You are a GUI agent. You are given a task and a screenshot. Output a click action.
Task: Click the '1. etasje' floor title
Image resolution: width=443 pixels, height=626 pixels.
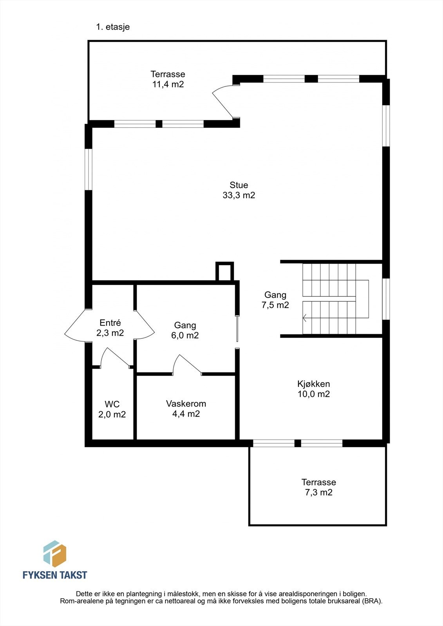(113, 27)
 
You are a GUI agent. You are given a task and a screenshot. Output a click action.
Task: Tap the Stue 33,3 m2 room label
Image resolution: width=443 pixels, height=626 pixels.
(239, 190)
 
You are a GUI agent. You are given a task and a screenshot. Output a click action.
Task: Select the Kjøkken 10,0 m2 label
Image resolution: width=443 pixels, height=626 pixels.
(313, 389)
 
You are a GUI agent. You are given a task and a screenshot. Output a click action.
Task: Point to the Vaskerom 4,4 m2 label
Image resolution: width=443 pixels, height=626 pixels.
(186, 408)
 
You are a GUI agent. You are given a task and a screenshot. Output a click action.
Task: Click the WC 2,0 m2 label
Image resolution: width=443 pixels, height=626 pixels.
(112, 409)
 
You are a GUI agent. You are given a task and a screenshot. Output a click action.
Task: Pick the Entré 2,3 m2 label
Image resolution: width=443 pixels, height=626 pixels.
(110, 328)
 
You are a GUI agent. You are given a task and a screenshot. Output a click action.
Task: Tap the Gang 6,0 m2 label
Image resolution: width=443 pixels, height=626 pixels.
(185, 330)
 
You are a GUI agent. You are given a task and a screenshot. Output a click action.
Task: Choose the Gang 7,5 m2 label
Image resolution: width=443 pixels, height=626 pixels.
(275, 300)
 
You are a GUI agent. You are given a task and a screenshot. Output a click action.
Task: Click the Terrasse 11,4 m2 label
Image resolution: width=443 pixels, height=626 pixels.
(168, 79)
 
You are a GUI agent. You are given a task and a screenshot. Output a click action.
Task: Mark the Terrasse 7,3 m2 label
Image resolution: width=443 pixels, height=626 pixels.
(318, 487)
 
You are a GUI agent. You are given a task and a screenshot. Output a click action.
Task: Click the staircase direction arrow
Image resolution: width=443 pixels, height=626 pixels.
(305, 318)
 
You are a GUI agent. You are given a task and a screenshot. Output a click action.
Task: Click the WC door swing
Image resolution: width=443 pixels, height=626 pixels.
(114, 357)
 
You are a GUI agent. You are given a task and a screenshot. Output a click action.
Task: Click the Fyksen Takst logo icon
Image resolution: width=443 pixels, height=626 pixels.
(54, 554)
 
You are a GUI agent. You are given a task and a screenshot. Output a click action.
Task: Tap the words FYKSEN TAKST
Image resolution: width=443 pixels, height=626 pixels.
(55, 575)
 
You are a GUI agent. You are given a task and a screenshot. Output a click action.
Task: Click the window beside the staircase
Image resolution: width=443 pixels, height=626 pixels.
(386, 299)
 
